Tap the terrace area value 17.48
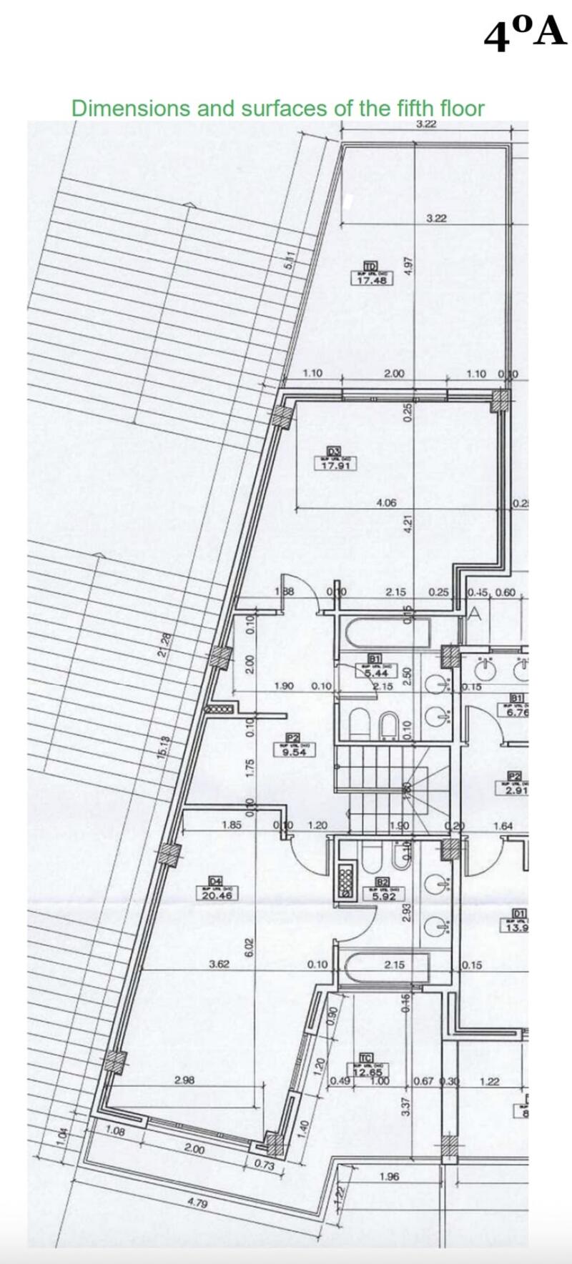(x=372, y=280)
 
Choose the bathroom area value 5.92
(x=383, y=896)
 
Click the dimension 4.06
(x=386, y=503)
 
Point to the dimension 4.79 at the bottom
(x=197, y=1203)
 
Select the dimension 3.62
(x=219, y=964)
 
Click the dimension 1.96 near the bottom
(x=390, y=1176)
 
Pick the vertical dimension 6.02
(x=250, y=947)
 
